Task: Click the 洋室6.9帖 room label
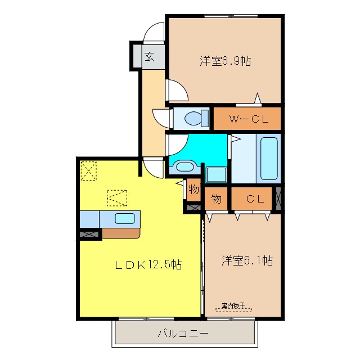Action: (224, 61)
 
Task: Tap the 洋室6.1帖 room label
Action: (247, 260)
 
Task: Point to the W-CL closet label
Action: (247, 119)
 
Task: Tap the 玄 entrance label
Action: (149, 56)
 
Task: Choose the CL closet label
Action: (254, 198)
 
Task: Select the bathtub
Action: (269, 159)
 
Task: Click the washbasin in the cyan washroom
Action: (184, 165)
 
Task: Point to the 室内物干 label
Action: (235, 305)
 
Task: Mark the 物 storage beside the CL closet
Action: (216, 198)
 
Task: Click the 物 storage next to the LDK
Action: (193, 190)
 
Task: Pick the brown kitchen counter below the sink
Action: (120, 233)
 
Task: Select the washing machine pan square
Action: (215, 174)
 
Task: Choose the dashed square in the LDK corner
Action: (89, 170)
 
